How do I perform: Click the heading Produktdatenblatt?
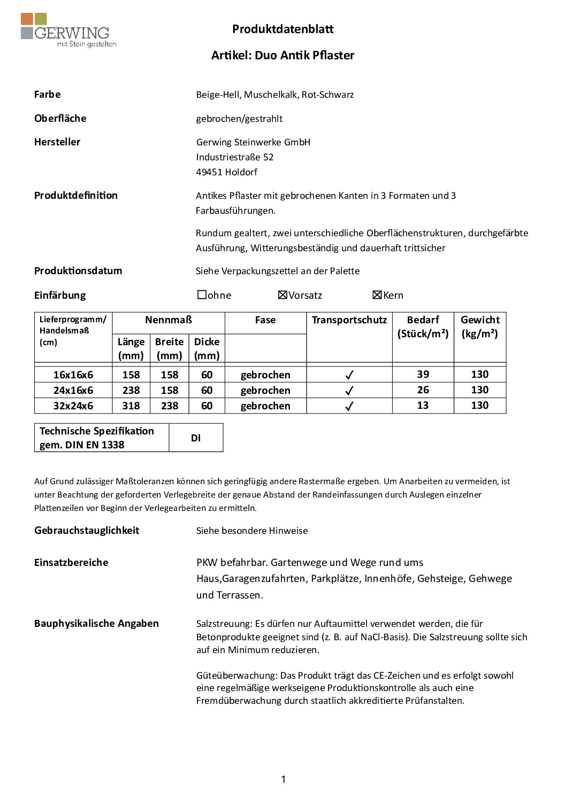[x=282, y=29]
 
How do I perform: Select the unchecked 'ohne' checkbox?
[x=202, y=294]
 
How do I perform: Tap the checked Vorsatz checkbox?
[x=282, y=295]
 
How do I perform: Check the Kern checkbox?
[x=377, y=295]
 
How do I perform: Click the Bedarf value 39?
[x=423, y=374]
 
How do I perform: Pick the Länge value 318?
[x=131, y=406]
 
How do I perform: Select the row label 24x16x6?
[x=73, y=390]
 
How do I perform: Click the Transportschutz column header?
[x=349, y=320]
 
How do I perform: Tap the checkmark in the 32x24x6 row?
[x=349, y=406]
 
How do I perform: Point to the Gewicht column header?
[x=480, y=327]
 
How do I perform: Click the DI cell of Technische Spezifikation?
[x=196, y=438]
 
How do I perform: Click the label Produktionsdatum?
[x=78, y=271]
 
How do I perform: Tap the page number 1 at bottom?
[x=283, y=779]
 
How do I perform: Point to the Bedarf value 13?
[x=423, y=405]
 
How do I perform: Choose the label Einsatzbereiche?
[x=71, y=562]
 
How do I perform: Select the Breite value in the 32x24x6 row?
[x=170, y=406]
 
